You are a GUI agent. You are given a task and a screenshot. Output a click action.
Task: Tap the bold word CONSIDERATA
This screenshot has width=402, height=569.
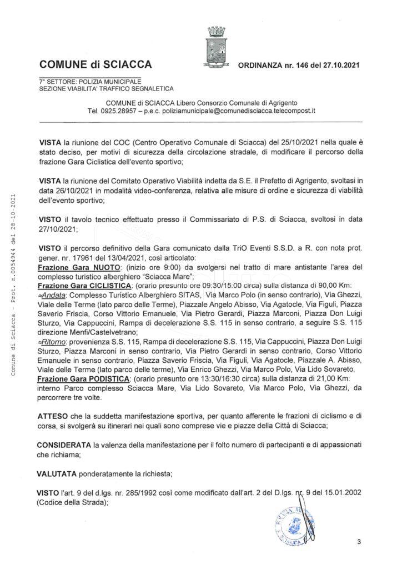[65, 446]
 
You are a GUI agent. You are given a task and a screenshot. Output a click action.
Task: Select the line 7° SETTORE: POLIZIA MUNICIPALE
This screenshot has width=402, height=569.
[90, 81]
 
